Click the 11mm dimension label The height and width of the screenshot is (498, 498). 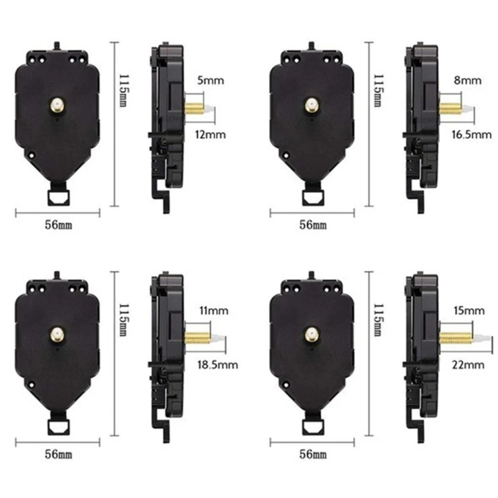[x=211, y=309]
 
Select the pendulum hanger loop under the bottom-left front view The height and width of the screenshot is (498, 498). [x=57, y=426]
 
